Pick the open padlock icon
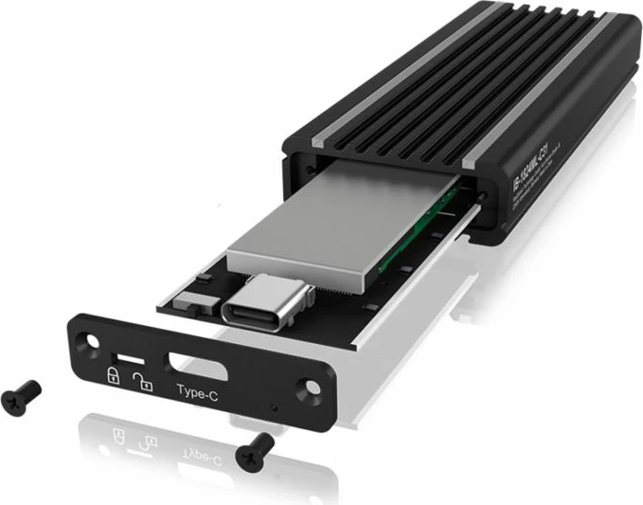click(143, 382)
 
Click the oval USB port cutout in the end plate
click(193, 363)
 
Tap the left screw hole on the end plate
click(90, 339)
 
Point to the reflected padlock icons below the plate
click(134, 437)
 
